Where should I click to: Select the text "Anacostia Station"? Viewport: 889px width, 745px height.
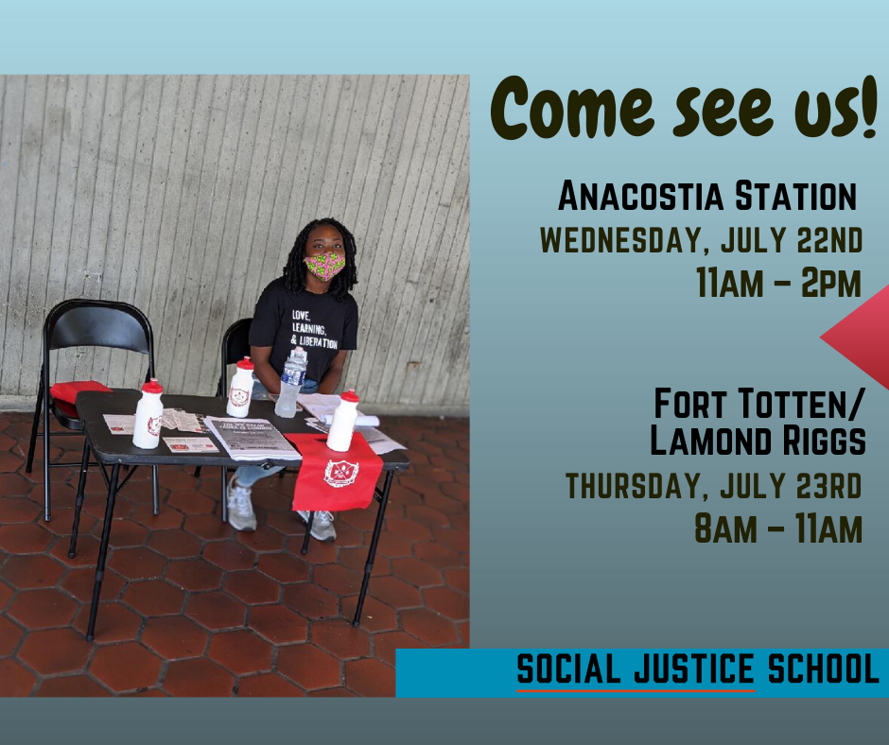pos(706,198)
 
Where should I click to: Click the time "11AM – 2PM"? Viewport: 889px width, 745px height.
pos(778,282)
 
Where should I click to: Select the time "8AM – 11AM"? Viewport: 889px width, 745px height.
pos(778,528)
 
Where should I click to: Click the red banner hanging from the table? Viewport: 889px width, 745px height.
pos(337,471)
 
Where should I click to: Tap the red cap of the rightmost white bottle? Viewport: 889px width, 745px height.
pos(349,395)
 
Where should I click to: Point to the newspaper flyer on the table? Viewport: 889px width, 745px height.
pos(251,438)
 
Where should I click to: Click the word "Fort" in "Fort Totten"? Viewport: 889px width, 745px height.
pos(688,404)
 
